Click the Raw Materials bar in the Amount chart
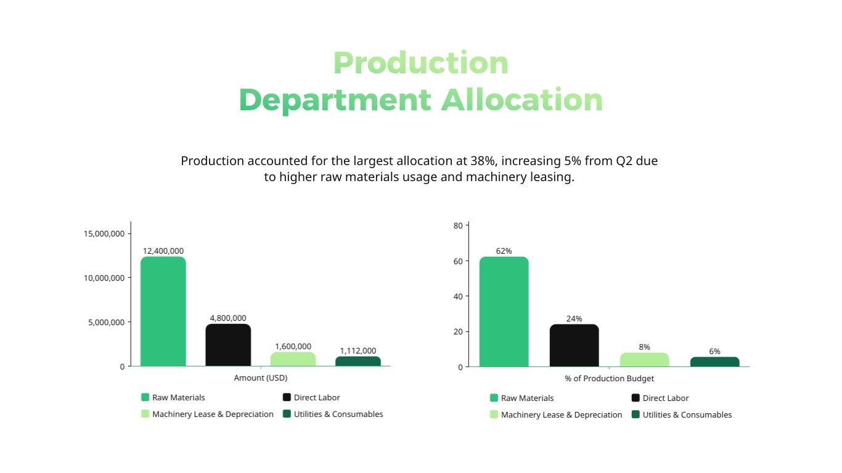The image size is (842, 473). (x=163, y=312)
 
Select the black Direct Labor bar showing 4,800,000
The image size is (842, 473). (x=228, y=345)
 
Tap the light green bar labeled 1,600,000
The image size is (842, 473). (x=293, y=359)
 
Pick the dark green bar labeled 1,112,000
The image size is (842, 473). (x=358, y=362)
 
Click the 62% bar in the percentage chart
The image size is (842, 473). (x=504, y=312)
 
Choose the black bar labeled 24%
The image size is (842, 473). (x=574, y=346)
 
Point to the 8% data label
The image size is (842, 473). (x=644, y=347)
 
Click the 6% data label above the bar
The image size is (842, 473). (x=714, y=351)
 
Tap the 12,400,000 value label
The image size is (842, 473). (x=163, y=251)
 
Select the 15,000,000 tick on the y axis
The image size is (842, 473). (x=104, y=233)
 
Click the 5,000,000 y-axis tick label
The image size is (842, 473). (x=104, y=322)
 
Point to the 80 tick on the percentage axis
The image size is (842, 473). (x=457, y=225)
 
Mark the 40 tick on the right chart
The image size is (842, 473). (x=457, y=296)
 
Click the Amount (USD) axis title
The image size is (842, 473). (x=261, y=378)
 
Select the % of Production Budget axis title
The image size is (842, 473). (x=609, y=379)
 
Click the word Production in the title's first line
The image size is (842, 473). (x=421, y=63)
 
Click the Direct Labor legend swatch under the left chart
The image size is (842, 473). (x=287, y=397)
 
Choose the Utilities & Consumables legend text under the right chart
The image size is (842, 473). (x=687, y=415)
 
